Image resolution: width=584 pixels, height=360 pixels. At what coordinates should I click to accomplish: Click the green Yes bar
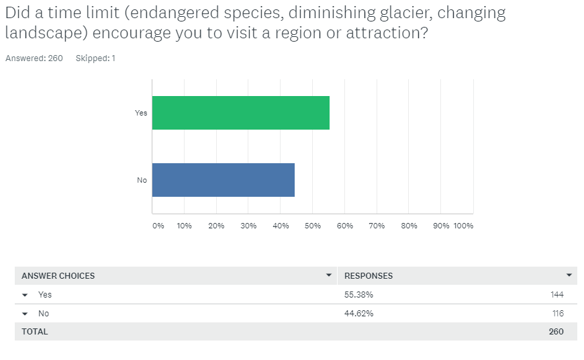pos(240,113)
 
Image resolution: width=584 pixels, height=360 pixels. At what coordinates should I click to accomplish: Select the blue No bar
pos(223,180)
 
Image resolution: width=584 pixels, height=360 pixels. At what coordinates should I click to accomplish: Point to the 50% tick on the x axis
pos(313,226)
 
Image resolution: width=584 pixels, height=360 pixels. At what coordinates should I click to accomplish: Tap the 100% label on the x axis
pos(463,226)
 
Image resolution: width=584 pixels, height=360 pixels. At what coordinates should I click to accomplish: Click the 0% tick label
pos(158,226)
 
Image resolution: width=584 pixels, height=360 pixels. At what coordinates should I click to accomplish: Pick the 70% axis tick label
pos(377,226)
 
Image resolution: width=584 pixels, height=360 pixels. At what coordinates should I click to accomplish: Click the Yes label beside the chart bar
pos(141,113)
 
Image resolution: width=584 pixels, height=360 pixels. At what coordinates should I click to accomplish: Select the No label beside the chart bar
pos(142,180)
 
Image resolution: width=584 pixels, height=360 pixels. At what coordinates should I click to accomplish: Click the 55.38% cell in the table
pos(359,295)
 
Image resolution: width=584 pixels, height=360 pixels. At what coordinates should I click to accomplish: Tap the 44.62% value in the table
pos(359,314)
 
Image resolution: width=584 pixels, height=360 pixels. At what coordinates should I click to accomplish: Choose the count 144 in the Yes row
pos(556,295)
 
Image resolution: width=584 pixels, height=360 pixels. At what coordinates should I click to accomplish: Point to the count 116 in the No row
pos(556,314)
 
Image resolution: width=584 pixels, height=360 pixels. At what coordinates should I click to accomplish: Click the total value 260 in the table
pos(556,331)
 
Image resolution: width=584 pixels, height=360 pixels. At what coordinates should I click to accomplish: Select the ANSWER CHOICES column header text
pos(58,276)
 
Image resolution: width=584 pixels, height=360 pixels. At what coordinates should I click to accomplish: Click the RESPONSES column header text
pos(369,276)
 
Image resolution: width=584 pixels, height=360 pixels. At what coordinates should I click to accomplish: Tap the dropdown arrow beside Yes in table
pos(25,295)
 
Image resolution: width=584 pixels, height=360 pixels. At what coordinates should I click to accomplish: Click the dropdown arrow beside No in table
pos(25,314)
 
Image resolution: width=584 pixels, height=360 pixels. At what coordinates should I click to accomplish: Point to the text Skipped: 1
pos(95,58)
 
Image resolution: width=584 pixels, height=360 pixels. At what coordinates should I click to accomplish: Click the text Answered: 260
pos(34,58)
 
